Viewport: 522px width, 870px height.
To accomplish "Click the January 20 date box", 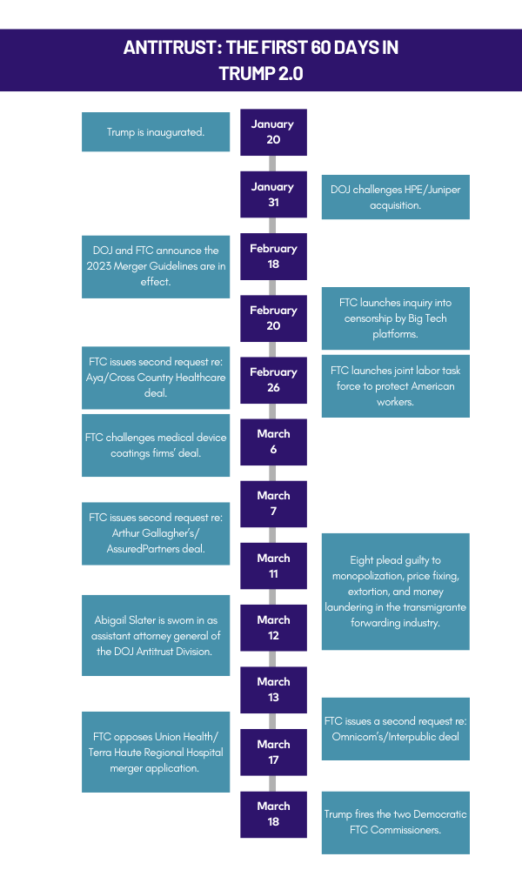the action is point(273,132).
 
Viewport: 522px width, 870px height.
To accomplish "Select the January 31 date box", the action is point(273,194).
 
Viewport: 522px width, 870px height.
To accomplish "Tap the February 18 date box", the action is point(273,257).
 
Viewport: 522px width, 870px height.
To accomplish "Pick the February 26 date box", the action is point(273,380).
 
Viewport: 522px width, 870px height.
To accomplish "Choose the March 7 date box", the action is point(273,504).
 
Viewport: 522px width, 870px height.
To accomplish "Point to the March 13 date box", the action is point(273,690).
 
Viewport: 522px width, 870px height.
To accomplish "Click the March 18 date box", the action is point(273,814).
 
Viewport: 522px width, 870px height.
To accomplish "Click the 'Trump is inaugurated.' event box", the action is point(156,132).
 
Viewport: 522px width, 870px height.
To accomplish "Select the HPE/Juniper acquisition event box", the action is point(396,197).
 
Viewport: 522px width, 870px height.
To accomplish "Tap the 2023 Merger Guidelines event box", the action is point(156,266).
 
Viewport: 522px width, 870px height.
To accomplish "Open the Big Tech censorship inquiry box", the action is point(396,318).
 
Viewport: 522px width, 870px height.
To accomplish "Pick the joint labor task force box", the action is point(396,385).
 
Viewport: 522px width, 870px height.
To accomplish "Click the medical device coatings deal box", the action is point(156,445).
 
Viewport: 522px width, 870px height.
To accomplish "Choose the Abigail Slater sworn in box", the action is point(156,635).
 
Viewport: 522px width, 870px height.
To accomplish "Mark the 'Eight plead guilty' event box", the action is point(396,592).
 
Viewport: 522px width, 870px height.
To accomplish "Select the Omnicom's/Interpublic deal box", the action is point(396,728).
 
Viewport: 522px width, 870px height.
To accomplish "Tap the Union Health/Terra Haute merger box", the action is point(156,752).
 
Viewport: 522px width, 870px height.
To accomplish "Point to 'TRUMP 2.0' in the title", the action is point(261,73).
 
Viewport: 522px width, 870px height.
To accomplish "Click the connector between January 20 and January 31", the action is point(272,164).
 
